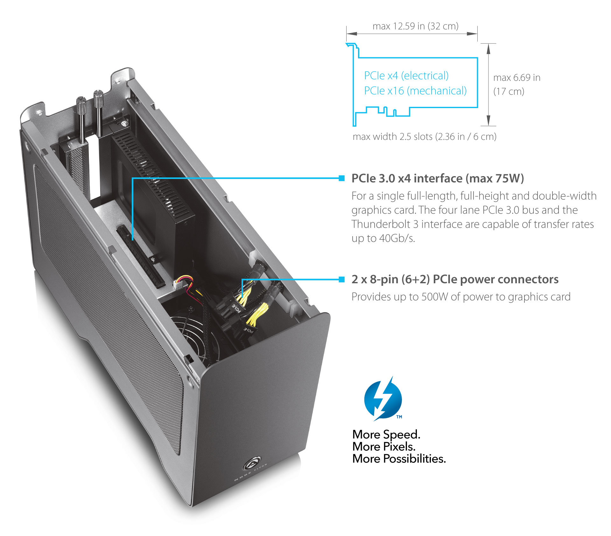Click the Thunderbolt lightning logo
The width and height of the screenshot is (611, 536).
[383, 399]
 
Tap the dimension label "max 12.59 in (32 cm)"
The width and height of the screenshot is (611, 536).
[415, 26]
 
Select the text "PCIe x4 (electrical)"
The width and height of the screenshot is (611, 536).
[406, 76]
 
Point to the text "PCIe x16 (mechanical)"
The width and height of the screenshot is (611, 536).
[415, 91]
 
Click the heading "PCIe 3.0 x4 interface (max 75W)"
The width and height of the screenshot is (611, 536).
[438, 178]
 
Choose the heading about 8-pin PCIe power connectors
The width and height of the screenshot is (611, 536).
[455, 279]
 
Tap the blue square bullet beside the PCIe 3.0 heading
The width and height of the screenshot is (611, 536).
[342, 178]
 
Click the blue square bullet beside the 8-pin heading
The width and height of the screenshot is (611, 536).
[342, 279]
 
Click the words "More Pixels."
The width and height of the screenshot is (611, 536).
[384, 447]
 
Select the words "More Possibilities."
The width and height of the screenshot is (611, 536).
[399, 459]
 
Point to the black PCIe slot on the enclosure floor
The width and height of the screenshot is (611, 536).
[141, 256]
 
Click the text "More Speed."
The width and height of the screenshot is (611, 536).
[386, 435]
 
